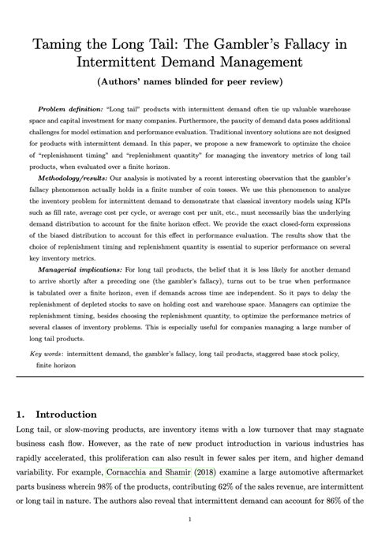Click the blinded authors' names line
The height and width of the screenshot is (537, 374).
187,81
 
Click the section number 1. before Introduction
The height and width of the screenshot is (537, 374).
21,414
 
